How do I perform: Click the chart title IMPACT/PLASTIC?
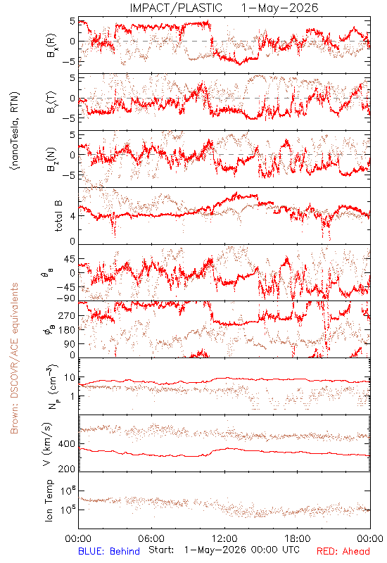tap(176, 8)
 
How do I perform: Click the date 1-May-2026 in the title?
tap(279, 8)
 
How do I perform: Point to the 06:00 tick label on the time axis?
tap(151, 538)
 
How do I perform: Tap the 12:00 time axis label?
tap(224, 538)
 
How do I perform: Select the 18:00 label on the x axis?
tap(298, 538)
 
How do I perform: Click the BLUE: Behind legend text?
tap(109, 551)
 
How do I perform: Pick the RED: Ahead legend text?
tap(343, 551)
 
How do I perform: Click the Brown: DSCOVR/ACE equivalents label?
tap(14, 358)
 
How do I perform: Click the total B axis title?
tap(58, 216)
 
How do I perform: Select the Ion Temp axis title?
tap(49, 500)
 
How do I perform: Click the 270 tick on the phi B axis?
tap(67, 315)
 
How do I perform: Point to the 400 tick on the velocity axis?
tap(67, 444)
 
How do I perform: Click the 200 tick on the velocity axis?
tap(67, 469)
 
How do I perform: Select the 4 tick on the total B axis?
tap(72, 216)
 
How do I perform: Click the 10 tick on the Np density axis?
tap(70, 377)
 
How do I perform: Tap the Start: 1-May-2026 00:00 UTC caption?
tap(224, 550)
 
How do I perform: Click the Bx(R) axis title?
tap(51, 45)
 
